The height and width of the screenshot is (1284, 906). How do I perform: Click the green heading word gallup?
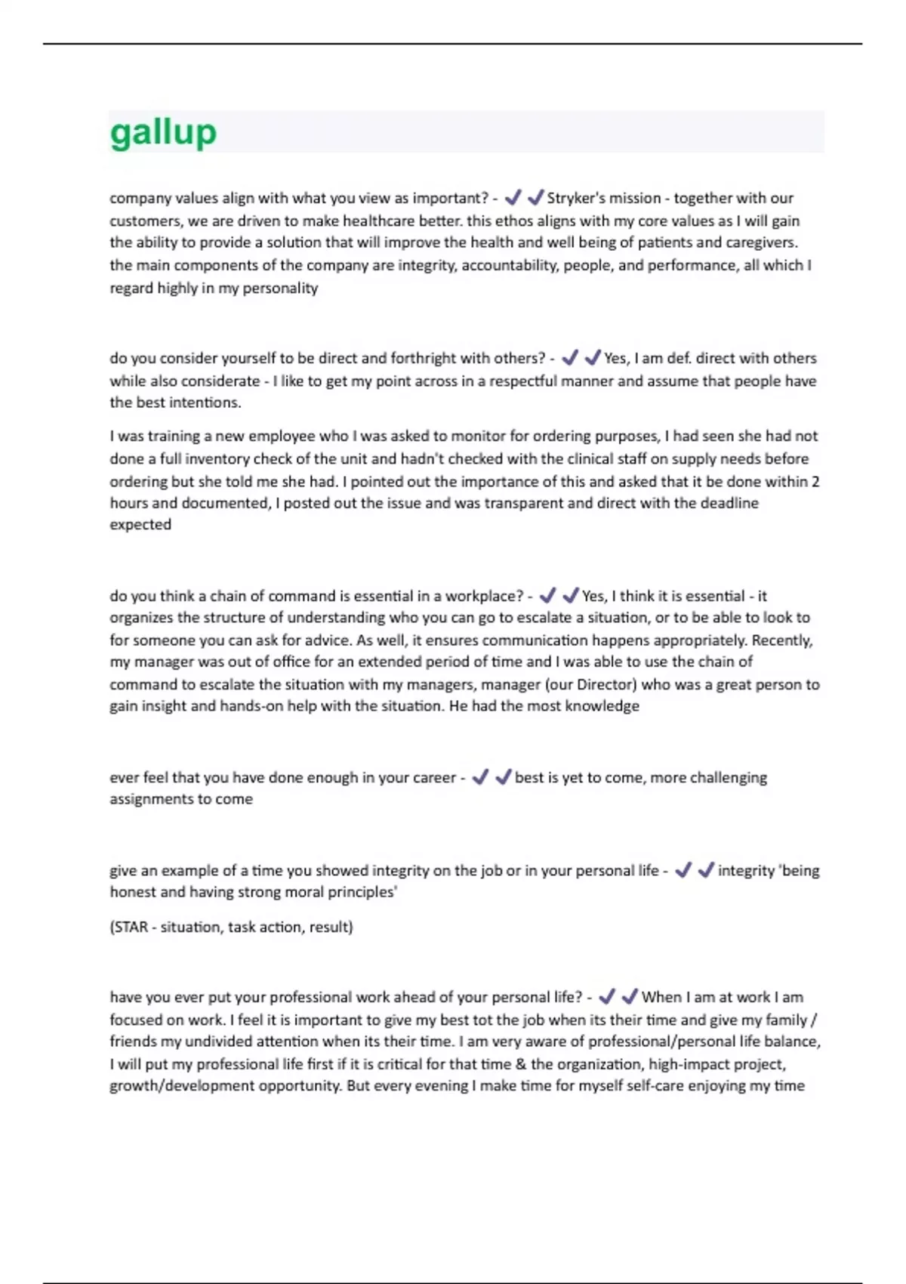163,133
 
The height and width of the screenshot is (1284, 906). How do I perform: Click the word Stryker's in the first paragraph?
576,198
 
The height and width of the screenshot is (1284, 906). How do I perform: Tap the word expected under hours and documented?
140,525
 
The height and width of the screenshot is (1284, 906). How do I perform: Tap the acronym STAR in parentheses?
130,927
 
